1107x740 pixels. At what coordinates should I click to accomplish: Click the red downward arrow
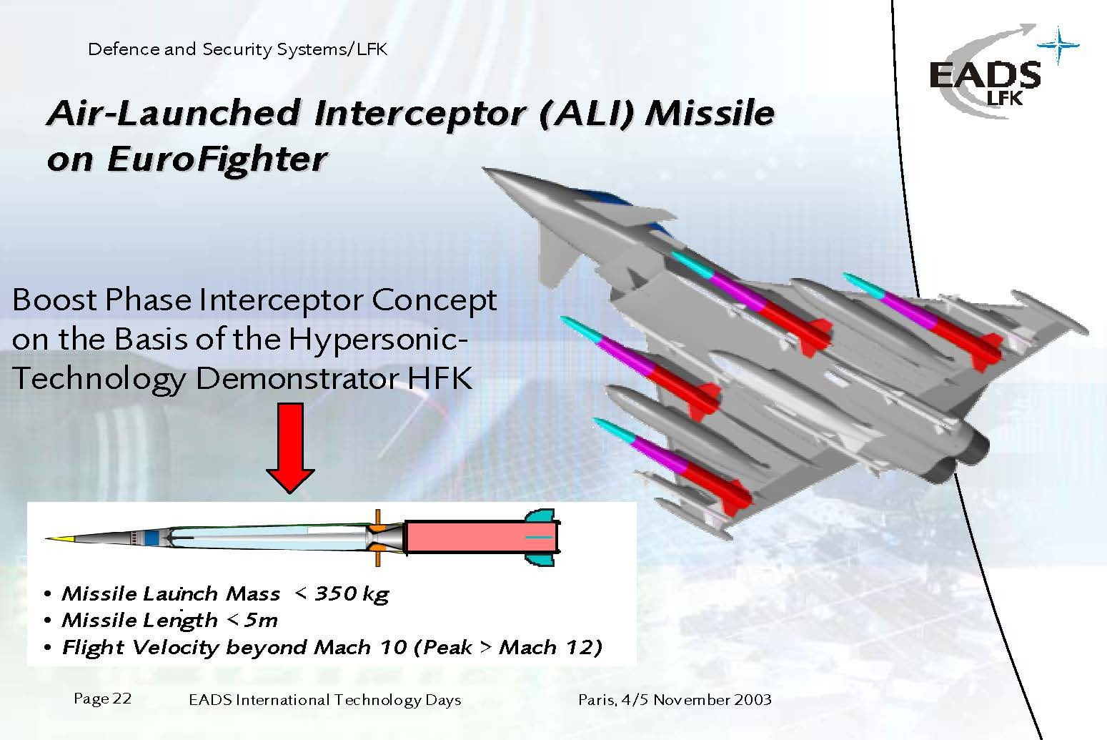pyautogui.click(x=290, y=448)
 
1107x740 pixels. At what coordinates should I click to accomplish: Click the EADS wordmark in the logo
pyautogui.click(x=985, y=74)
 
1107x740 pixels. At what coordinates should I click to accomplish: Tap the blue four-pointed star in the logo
pyautogui.click(x=1058, y=46)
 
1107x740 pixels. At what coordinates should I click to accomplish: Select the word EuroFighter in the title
pyautogui.click(x=217, y=160)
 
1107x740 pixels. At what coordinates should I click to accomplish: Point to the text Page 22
pyautogui.click(x=103, y=699)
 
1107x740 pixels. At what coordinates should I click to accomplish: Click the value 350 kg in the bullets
pyautogui.click(x=352, y=593)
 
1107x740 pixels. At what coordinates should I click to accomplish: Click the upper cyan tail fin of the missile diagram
pyautogui.click(x=540, y=516)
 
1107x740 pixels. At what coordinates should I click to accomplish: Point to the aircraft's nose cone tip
pyautogui.click(x=485, y=169)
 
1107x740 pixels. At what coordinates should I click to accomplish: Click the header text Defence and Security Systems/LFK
pyautogui.click(x=237, y=49)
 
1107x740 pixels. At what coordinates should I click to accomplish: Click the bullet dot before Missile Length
pyautogui.click(x=47, y=621)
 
